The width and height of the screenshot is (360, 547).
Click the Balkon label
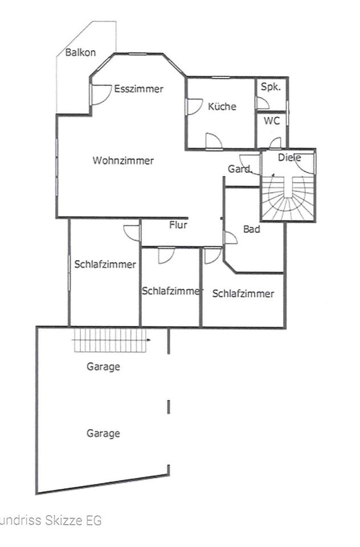(x=80, y=52)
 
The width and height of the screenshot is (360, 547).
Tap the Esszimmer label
(x=138, y=89)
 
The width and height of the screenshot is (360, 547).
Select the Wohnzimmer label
(x=123, y=161)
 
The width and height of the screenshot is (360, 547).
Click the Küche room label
(x=222, y=107)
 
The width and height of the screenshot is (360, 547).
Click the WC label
(x=271, y=122)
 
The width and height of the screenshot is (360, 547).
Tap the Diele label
(x=289, y=157)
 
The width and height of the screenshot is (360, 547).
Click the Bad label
(x=251, y=229)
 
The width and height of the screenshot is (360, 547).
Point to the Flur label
(x=178, y=224)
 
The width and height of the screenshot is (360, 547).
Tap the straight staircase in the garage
(x=110, y=342)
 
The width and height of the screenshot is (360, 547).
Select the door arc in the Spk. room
(x=263, y=103)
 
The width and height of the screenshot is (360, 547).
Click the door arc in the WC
(x=275, y=142)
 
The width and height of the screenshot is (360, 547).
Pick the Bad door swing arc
(x=231, y=238)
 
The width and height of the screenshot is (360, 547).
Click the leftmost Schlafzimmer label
(x=105, y=264)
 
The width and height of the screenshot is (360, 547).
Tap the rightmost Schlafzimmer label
(x=243, y=294)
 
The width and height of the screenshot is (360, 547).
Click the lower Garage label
(x=103, y=434)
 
